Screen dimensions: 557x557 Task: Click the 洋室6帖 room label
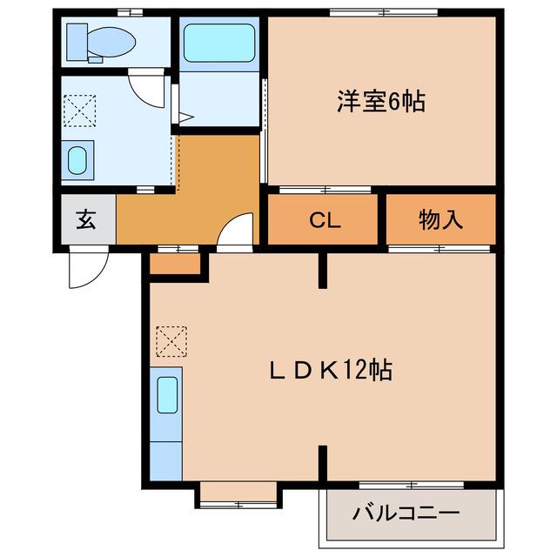pyautogui.click(x=381, y=102)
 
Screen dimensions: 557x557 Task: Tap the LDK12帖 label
pyautogui.click(x=331, y=370)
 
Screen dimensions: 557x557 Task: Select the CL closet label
pyautogui.click(x=325, y=220)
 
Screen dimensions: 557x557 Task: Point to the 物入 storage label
pyautogui.click(x=440, y=219)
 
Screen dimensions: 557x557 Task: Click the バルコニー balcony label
pyautogui.click(x=406, y=513)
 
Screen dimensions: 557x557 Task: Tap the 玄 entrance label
pyautogui.click(x=86, y=219)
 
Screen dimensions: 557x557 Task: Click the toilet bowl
pyautogui.click(x=111, y=43)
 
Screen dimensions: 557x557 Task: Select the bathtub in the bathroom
pyautogui.click(x=219, y=43)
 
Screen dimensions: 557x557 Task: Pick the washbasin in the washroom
pyautogui.click(x=77, y=160)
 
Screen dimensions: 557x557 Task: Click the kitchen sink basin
pyautogui.click(x=167, y=395)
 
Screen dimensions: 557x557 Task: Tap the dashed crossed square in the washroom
pyautogui.click(x=79, y=111)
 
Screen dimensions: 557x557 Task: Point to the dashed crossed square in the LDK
pyautogui.click(x=171, y=341)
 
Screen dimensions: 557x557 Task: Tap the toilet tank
pyautogui.click(x=77, y=42)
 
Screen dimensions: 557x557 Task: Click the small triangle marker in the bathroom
pyautogui.click(x=185, y=117)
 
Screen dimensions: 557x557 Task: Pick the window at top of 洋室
pyautogui.click(x=384, y=13)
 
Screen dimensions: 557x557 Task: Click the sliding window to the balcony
pyautogui.click(x=412, y=485)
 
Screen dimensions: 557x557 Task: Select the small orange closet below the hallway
pyautogui.click(x=175, y=264)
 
